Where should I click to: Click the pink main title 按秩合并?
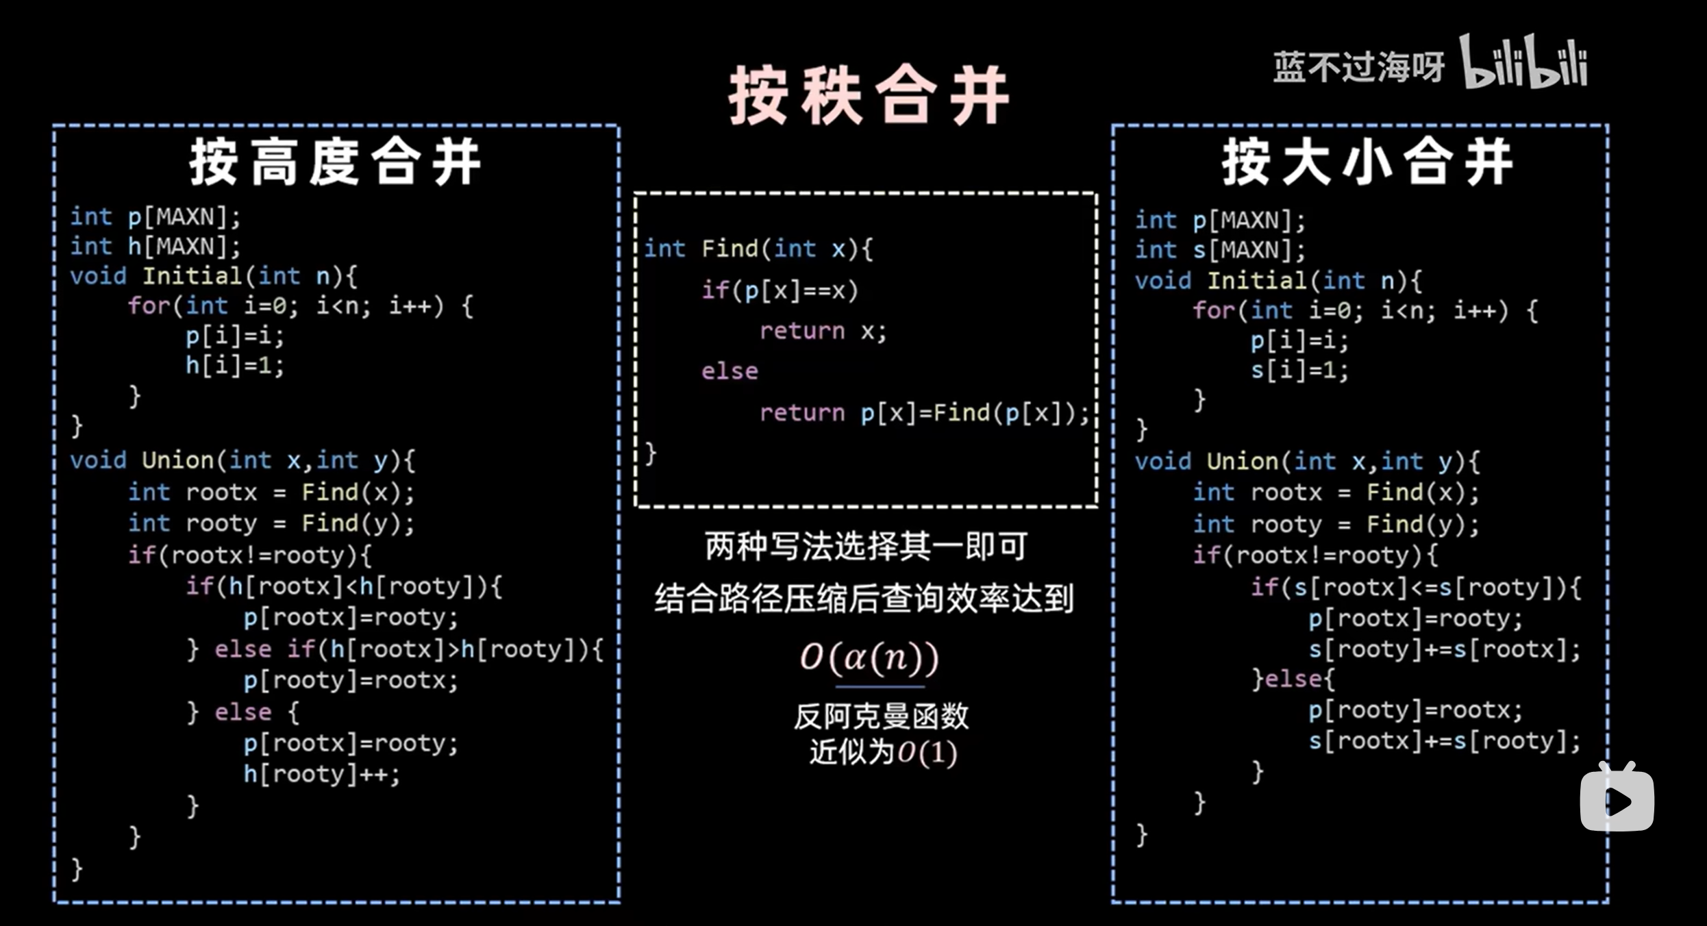[869, 96]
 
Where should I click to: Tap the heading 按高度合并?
[335, 162]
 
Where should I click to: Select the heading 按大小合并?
[1367, 162]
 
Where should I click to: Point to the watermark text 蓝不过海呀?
[1358, 67]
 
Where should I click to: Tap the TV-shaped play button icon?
[1617, 799]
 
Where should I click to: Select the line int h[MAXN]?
[155, 247]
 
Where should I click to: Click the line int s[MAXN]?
[1220, 250]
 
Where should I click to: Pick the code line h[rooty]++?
[321, 775]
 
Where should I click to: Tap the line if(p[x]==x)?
[780, 290]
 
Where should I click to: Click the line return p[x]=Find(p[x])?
[924, 413]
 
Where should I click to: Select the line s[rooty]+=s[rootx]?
[1444, 649]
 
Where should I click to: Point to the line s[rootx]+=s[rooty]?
[1444, 741]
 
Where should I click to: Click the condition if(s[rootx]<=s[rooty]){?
[1415, 588]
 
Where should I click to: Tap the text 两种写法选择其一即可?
[866, 547]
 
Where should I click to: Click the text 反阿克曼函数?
[881, 716]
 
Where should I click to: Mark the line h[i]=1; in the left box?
[234, 366]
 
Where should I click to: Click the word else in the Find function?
[730, 372]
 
